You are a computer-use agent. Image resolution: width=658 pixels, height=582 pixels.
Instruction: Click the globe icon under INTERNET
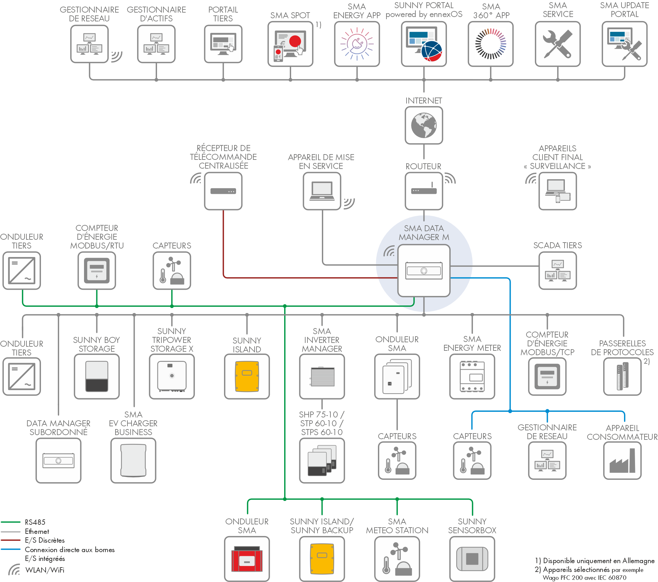click(424, 125)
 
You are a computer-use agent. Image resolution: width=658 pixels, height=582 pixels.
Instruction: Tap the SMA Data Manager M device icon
click(424, 271)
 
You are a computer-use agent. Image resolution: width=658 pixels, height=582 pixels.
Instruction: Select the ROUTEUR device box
click(424, 191)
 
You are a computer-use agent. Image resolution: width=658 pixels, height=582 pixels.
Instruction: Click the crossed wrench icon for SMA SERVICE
click(557, 44)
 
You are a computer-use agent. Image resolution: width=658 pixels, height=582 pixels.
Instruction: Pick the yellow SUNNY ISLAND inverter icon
click(247, 376)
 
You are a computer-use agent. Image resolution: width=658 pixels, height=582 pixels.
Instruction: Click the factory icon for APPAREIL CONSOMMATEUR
click(622, 460)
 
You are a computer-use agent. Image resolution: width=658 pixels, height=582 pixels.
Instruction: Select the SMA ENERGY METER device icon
click(472, 376)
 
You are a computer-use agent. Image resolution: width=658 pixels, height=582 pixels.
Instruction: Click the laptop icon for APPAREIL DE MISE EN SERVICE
click(322, 191)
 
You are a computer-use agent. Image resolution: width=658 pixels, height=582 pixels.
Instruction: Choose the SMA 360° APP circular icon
click(490, 44)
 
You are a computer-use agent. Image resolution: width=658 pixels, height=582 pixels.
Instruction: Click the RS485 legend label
click(35, 522)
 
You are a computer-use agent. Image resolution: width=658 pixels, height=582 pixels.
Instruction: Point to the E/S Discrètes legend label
click(45, 540)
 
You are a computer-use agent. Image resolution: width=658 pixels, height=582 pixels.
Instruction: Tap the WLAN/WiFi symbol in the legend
click(14, 569)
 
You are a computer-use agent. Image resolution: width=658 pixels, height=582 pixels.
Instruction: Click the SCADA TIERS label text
click(557, 245)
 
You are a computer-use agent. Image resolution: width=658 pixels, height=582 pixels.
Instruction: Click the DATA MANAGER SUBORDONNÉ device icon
click(58, 460)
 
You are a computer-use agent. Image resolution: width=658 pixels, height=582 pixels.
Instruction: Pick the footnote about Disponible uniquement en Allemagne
click(594, 560)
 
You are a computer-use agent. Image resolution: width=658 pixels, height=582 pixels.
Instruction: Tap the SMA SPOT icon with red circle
click(290, 44)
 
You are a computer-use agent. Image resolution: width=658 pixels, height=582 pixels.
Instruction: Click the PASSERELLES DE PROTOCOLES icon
click(622, 376)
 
